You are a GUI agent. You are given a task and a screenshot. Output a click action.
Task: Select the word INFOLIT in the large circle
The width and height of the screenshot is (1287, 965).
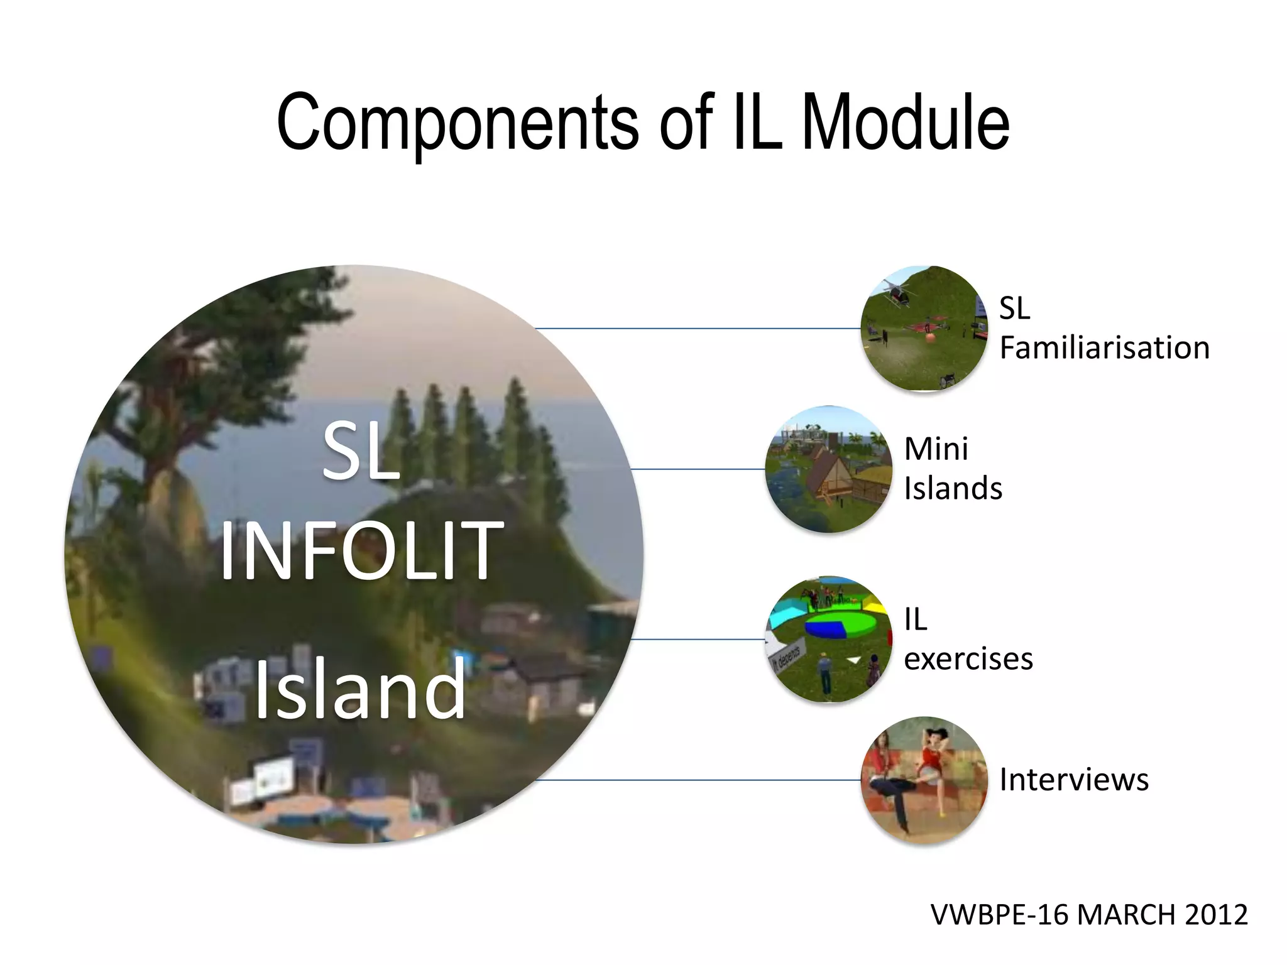pyautogui.click(x=361, y=551)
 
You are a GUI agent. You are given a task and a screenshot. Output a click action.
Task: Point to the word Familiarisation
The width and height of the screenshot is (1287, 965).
pyautogui.click(x=1104, y=347)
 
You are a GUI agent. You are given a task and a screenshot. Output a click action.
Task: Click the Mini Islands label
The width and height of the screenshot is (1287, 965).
pyautogui.click(x=952, y=469)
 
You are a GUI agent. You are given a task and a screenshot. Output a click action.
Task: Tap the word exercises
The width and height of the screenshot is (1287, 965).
pyautogui.click(x=968, y=659)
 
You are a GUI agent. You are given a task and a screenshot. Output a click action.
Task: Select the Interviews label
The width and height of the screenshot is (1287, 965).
pyautogui.click(x=1073, y=780)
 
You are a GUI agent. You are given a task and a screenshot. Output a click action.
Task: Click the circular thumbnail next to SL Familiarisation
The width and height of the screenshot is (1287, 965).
pyautogui.click(x=923, y=328)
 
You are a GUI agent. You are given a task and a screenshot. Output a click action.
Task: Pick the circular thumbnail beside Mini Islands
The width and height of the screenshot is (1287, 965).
pyautogui.click(x=828, y=469)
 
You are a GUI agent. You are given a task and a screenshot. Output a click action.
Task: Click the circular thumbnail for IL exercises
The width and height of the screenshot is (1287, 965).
pyautogui.click(x=828, y=639)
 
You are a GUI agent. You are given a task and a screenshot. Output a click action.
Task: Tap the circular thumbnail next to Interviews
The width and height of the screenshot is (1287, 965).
pyautogui.click(x=923, y=780)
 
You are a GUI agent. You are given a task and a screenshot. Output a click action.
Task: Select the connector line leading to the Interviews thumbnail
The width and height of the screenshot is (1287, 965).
pyautogui.click(x=698, y=780)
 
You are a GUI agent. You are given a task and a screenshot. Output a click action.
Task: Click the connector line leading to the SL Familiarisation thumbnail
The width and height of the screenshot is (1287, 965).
pyautogui.click(x=698, y=328)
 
